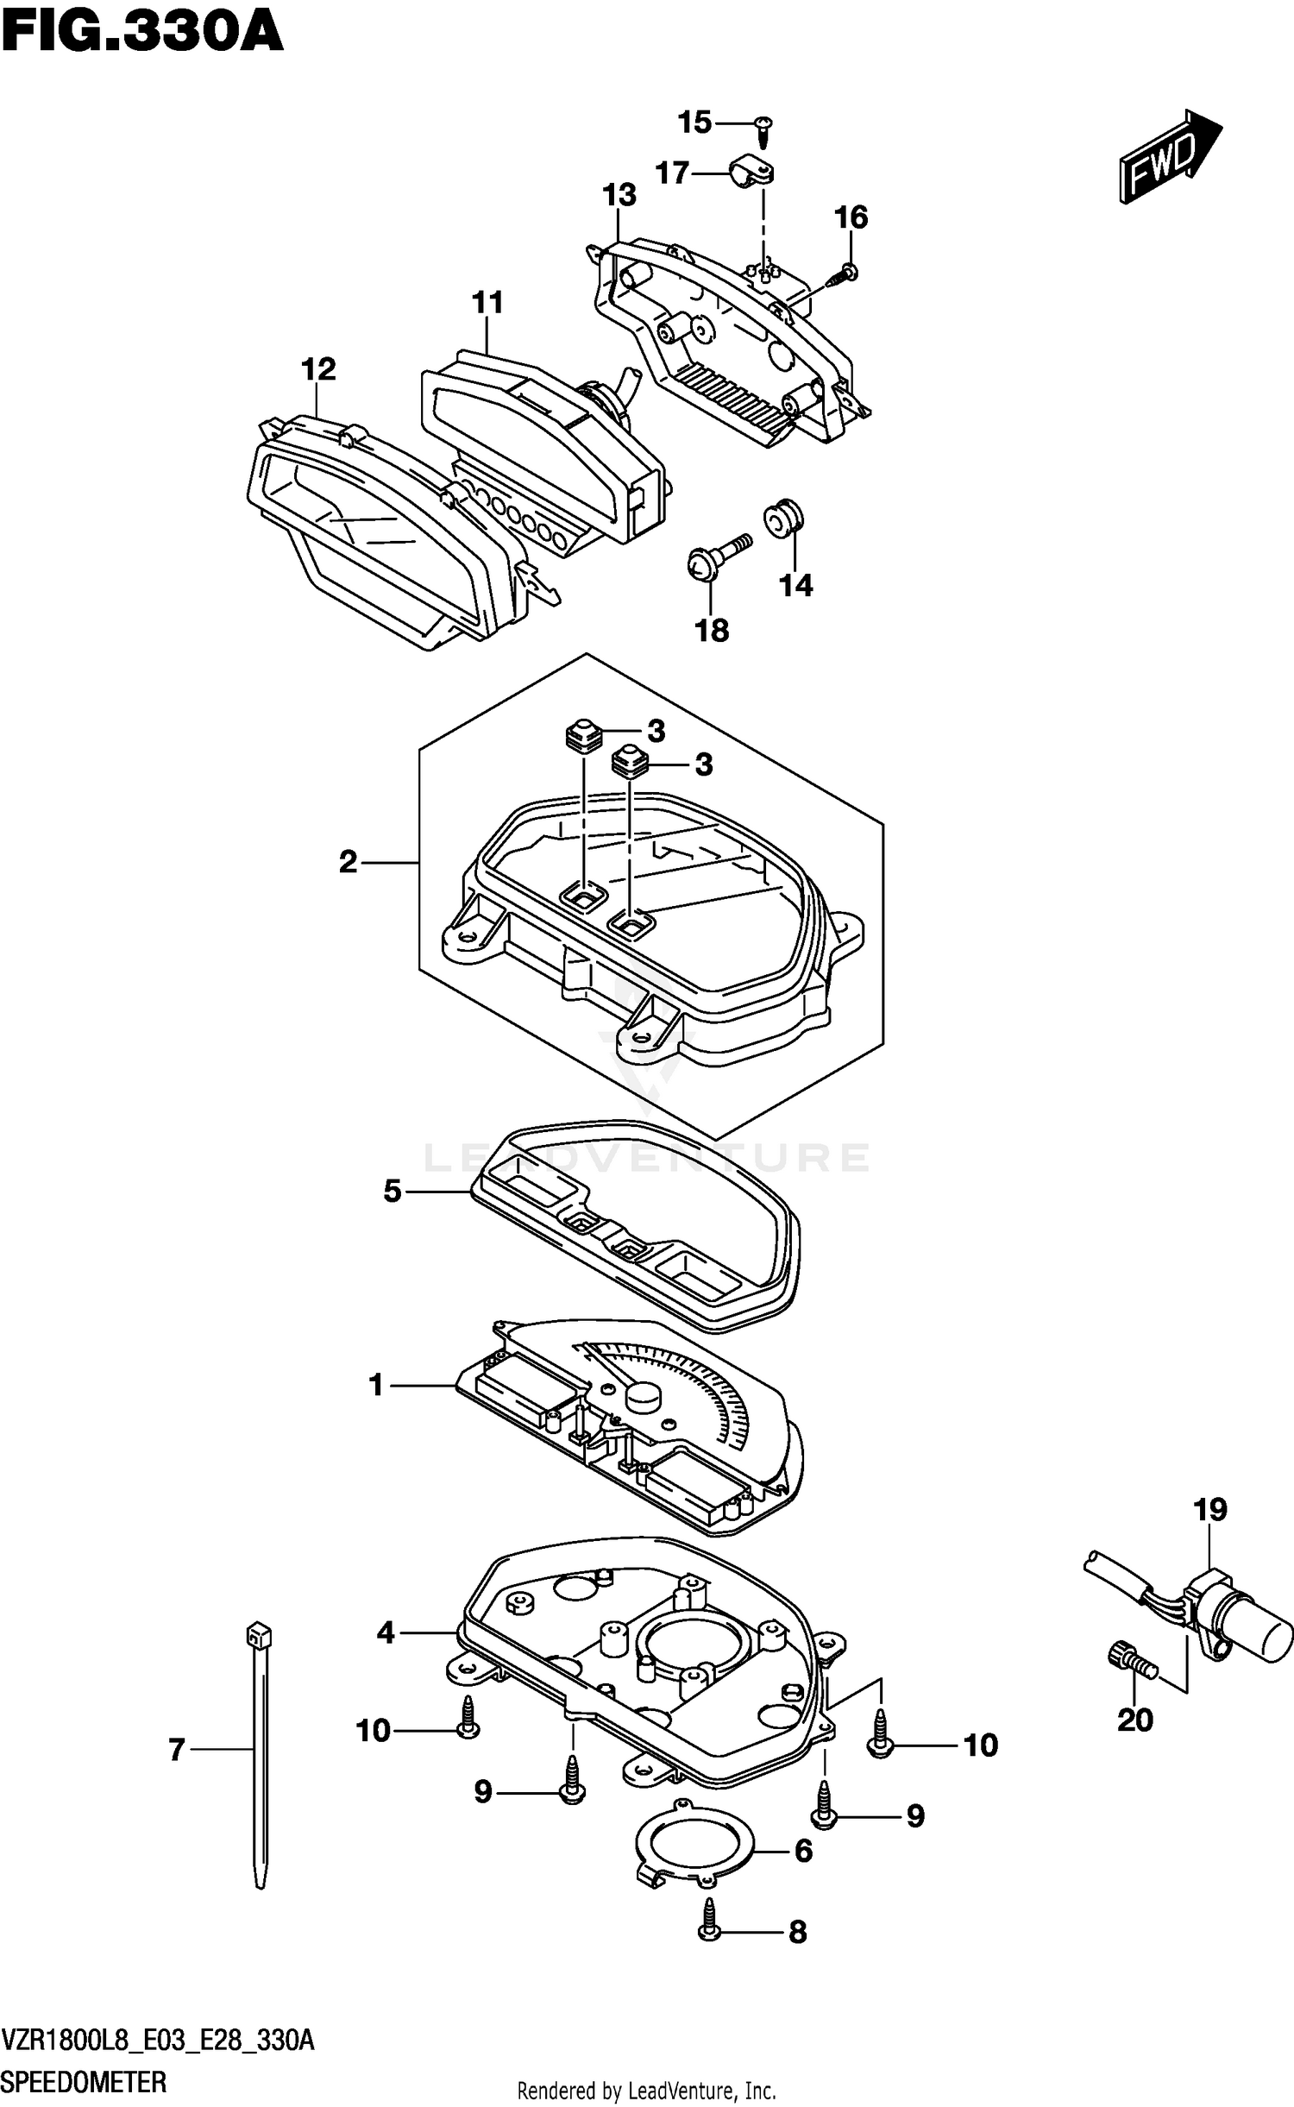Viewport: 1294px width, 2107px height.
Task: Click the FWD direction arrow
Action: click(x=1169, y=157)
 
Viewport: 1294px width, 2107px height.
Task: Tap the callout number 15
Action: click(x=694, y=123)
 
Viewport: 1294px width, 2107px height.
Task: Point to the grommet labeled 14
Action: click(x=783, y=517)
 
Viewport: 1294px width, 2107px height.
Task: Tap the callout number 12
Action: click(x=318, y=369)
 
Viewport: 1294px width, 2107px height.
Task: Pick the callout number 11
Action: click(x=487, y=303)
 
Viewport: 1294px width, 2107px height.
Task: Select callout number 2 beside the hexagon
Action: click(x=348, y=862)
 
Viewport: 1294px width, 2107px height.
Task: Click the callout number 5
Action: click(x=393, y=1192)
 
